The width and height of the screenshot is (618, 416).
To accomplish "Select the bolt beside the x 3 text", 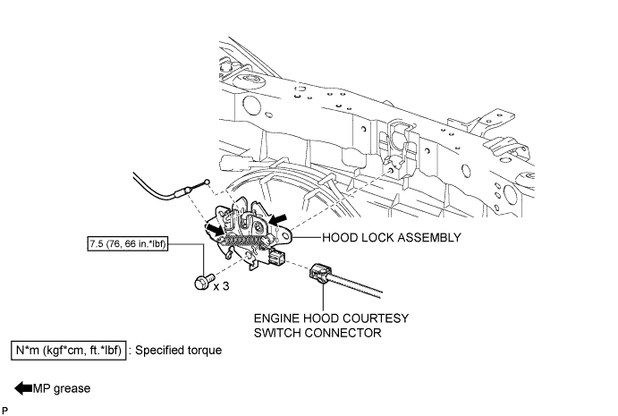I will tap(200, 283).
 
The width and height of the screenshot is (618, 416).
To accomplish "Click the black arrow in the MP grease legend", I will tap(21, 388).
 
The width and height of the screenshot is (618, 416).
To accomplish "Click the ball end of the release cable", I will tap(207, 183).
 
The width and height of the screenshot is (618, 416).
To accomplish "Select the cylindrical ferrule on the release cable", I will tap(186, 191).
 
